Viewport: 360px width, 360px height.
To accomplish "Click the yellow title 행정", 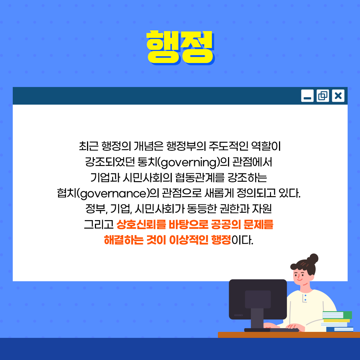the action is coord(180,48).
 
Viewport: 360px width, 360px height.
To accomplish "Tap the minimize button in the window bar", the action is coord(307,96).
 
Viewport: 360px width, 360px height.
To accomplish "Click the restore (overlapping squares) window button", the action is coord(322,96).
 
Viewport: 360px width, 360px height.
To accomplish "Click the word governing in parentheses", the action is coord(189,162).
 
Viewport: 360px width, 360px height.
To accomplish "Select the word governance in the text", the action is coord(113,193).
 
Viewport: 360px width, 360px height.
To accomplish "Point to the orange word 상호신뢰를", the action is coord(141,224).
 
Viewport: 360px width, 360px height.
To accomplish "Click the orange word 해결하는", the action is coord(124,240).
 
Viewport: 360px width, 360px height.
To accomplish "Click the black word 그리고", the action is coord(99,224).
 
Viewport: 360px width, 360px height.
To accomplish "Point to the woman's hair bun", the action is coord(313,258).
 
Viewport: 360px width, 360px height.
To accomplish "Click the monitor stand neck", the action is coord(257,318).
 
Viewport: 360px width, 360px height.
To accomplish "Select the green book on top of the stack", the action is coord(337,315).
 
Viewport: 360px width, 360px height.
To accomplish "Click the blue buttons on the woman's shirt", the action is coord(305,298).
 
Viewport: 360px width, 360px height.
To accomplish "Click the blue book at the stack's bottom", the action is coord(340,329).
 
